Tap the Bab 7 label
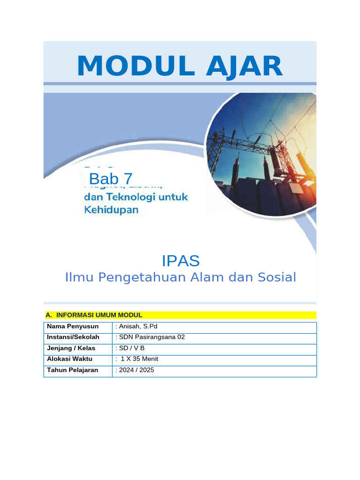pyautogui.click(x=111, y=179)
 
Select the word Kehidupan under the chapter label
pyautogui.click(x=111, y=210)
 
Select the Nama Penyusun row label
pyautogui.click(x=73, y=326)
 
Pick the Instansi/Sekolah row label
pyautogui.click(x=73, y=337)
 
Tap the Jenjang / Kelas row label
pyautogui.click(x=71, y=348)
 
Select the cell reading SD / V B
pyautogui.click(x=130, y=348)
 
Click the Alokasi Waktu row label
pyautogui.click(x=70, y=359)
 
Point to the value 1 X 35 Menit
pyautogui.click(x=139, y=359)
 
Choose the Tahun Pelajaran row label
pyautogui.click(x=73, y=370)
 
